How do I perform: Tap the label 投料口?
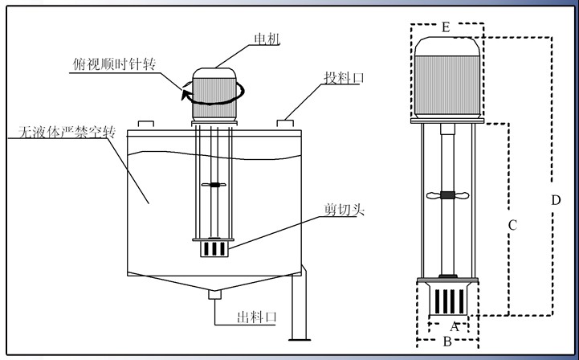click(345, 78)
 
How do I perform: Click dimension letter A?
click(454, 327)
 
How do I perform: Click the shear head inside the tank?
click(213, 248)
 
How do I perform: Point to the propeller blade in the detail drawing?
click(447, 195)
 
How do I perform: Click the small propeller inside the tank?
click(213, 186)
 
